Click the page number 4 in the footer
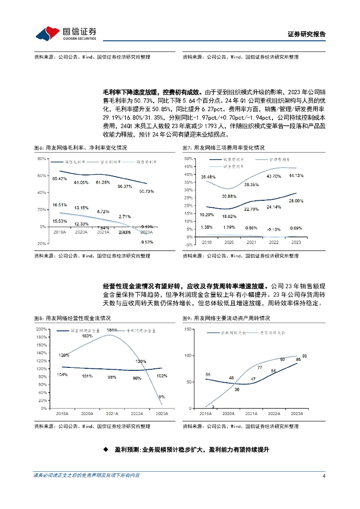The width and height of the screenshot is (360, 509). click(324, 476)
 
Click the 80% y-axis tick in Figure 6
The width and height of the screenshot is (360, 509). click(42, 159)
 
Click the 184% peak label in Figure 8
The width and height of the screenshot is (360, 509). click(111, 330)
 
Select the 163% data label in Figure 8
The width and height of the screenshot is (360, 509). click(87, 337)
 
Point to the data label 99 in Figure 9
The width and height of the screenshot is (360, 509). click(304, 356)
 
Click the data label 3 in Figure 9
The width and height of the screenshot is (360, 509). click(212, 407)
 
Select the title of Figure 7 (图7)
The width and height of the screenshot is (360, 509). click(224, 148)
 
